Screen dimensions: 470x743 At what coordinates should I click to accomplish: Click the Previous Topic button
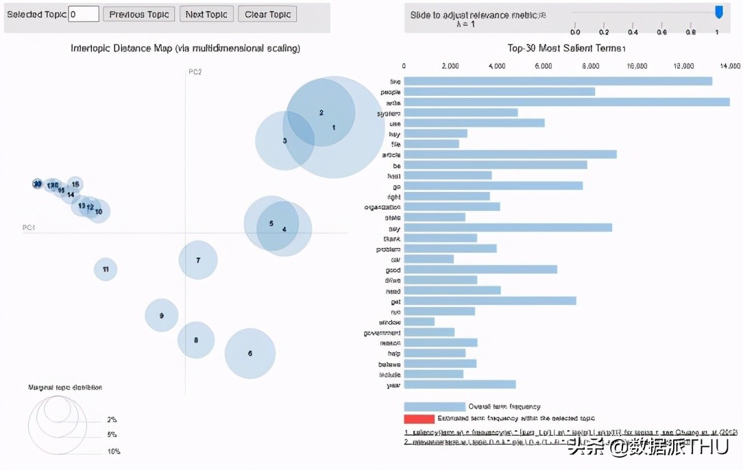[139, 14]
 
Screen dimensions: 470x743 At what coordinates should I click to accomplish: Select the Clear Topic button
[267, 14]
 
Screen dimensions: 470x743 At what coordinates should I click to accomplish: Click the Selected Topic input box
[84, 14]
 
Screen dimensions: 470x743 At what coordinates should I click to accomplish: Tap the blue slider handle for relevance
[718, 12]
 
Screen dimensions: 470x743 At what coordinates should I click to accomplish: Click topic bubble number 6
[250, 354]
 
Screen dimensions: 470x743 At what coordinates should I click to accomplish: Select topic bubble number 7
[198, 260]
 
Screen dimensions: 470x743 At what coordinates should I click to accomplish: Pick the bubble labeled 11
[106, 269]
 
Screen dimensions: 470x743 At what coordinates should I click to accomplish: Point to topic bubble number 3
[284, 140]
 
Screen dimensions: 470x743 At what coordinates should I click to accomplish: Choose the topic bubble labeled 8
[196, 340]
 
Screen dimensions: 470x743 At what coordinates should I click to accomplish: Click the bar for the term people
[499, 92]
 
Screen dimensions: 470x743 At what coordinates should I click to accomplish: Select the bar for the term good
[480, 270]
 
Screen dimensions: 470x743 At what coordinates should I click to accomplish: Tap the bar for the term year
[459, 385]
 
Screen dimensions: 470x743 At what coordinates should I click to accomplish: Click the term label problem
[388, 249]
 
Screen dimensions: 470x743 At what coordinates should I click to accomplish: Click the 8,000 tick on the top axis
[590, 66]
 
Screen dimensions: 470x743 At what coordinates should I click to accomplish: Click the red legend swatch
[419, 419]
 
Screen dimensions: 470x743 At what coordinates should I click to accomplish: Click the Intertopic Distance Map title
[185, 49]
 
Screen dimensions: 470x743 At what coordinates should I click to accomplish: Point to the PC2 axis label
[195, 72]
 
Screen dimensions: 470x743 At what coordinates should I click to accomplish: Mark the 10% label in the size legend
[113, 452]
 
